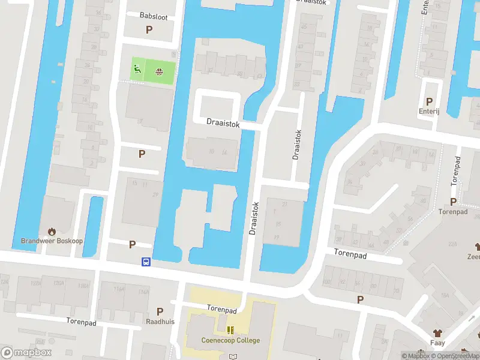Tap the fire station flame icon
[x=51, y=230]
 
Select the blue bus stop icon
[x=146, y=262]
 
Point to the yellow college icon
[x=230, y=330]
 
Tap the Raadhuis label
[x=160, y=321]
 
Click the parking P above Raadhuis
[x=160, y=311]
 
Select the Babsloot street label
[x=154, y=17]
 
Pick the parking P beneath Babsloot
[x=149, y=29]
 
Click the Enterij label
[x=430, y=111]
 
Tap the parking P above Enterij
[x=429, y=101]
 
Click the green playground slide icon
[x=137, y=70]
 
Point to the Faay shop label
[x=437, y=343]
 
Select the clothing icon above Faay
[x=437, y=332]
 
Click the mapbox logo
[x=26, y=353]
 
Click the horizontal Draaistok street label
[x=223, y=123]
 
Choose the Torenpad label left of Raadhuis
[x=81, y=321]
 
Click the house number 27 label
[x=156, y=195]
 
